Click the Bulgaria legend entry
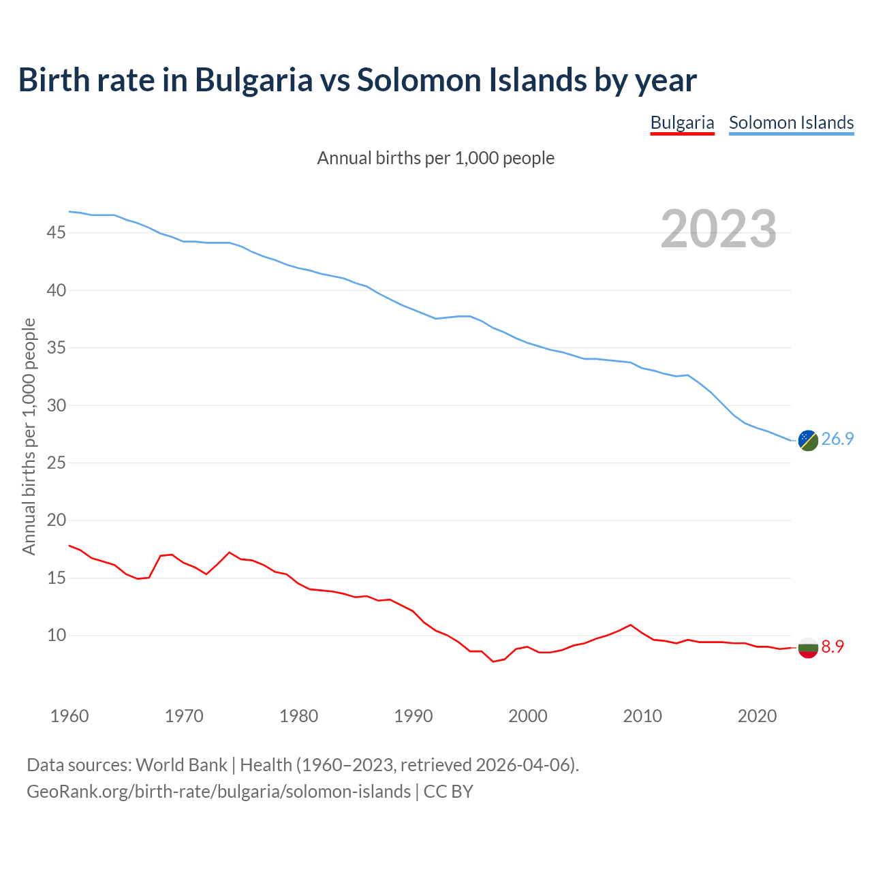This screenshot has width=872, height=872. pos(682,123)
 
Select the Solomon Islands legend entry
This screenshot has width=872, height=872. pos(791,123)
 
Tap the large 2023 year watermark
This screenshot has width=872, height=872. pos(719,229)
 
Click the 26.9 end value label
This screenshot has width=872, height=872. pos(837,439)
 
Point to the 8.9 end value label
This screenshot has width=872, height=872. pos(832,647)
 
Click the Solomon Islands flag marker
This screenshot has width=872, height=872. pos(808,441)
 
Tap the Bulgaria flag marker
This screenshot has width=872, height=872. pos(808,647)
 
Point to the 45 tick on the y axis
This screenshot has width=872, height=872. pos(56,233)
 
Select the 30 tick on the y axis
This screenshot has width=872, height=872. pos(56,405)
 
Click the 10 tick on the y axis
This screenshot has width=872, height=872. pos(56,636)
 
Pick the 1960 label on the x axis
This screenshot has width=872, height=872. pos(69,716)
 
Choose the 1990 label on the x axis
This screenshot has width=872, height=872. pos(414,716)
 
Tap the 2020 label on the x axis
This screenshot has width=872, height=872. pos(758,716)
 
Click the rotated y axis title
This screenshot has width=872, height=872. pos(29,437)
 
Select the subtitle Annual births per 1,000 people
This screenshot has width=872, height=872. pos(436,158)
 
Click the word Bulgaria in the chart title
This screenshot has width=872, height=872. pos(253,80)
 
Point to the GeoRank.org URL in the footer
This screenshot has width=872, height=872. pos(219,791)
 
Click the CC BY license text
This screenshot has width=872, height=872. pos(448,791)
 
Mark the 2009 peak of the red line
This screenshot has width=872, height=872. pos(631,625)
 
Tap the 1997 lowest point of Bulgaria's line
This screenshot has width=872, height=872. pos(493,661)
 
